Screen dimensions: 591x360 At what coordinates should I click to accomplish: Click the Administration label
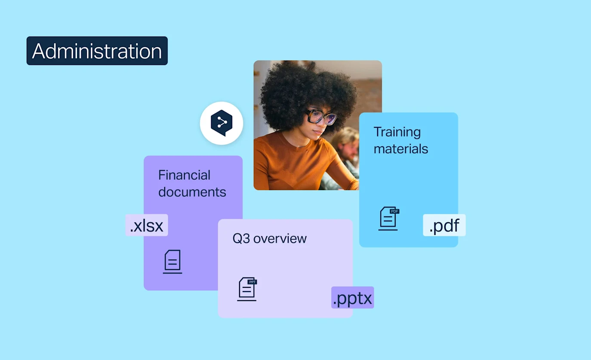click(x=97, y=51)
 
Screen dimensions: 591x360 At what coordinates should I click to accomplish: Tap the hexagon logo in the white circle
click(x=222, y=123)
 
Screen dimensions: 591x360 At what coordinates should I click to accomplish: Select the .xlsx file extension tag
click(x=147, y=225)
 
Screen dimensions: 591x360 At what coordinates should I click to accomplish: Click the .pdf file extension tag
click(x=444, y=225)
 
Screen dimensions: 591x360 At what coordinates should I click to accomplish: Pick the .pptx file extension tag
click(x=352, y=298)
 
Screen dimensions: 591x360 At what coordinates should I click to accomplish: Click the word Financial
click(x=184, y=175)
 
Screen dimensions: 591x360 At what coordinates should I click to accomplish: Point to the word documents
click(x=192, y=192)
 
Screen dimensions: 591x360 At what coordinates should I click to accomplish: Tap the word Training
click(x=397, y=132)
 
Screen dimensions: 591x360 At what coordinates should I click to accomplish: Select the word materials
click(x=401, y=149)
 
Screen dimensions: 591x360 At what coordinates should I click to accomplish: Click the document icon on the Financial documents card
click(x=172, y=262)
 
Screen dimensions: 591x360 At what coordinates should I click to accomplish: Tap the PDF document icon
click(x=388, y=218)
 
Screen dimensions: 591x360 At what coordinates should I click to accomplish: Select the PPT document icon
click(x=247, y=289)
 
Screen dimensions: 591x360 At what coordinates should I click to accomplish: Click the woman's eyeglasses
click(x=320, y=117)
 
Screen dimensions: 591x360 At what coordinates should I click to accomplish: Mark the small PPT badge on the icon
click(x=252, y=282)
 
